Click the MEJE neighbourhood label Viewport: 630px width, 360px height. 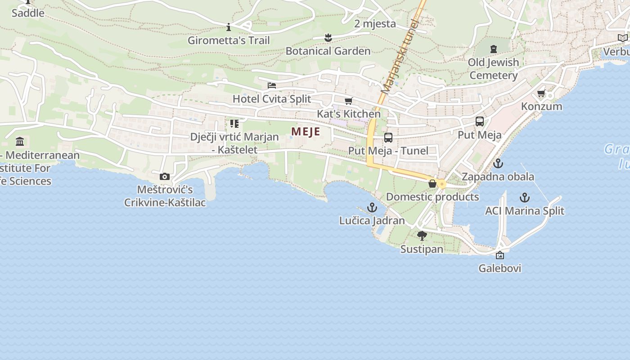[x=306, y=131]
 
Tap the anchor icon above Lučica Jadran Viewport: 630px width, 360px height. [x=372, y=207]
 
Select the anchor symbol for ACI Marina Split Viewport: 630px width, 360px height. [x=524, y=198]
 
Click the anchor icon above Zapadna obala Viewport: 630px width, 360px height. [x=498, y=163]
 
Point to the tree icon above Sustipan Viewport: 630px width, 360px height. [x=422, y=236]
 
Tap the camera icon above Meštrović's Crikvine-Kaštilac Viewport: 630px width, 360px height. [x=165, y=176]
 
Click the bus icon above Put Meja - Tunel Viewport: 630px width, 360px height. [x=388, y=138]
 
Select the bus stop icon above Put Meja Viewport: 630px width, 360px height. [x=480, y=121]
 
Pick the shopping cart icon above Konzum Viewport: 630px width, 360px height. [x=541, y=94]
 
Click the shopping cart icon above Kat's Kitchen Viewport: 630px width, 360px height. [x=348, y=101]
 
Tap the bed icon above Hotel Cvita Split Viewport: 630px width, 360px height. [x=271, y=85]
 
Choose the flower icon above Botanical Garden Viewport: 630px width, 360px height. [x=328, y=38]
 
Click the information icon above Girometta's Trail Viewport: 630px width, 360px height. [x=229, y=27]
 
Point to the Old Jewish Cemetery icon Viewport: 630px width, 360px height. [x=494, y=49]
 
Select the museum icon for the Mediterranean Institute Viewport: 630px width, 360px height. [x=20, y=142]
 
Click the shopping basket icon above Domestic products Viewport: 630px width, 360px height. [x=432, y=184]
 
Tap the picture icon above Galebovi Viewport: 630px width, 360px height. [x=499, y=255]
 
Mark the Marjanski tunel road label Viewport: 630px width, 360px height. [x=400, y=56]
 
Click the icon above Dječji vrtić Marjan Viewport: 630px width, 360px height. [x=234, y=123]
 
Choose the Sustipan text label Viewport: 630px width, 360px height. [x=422, y=249]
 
